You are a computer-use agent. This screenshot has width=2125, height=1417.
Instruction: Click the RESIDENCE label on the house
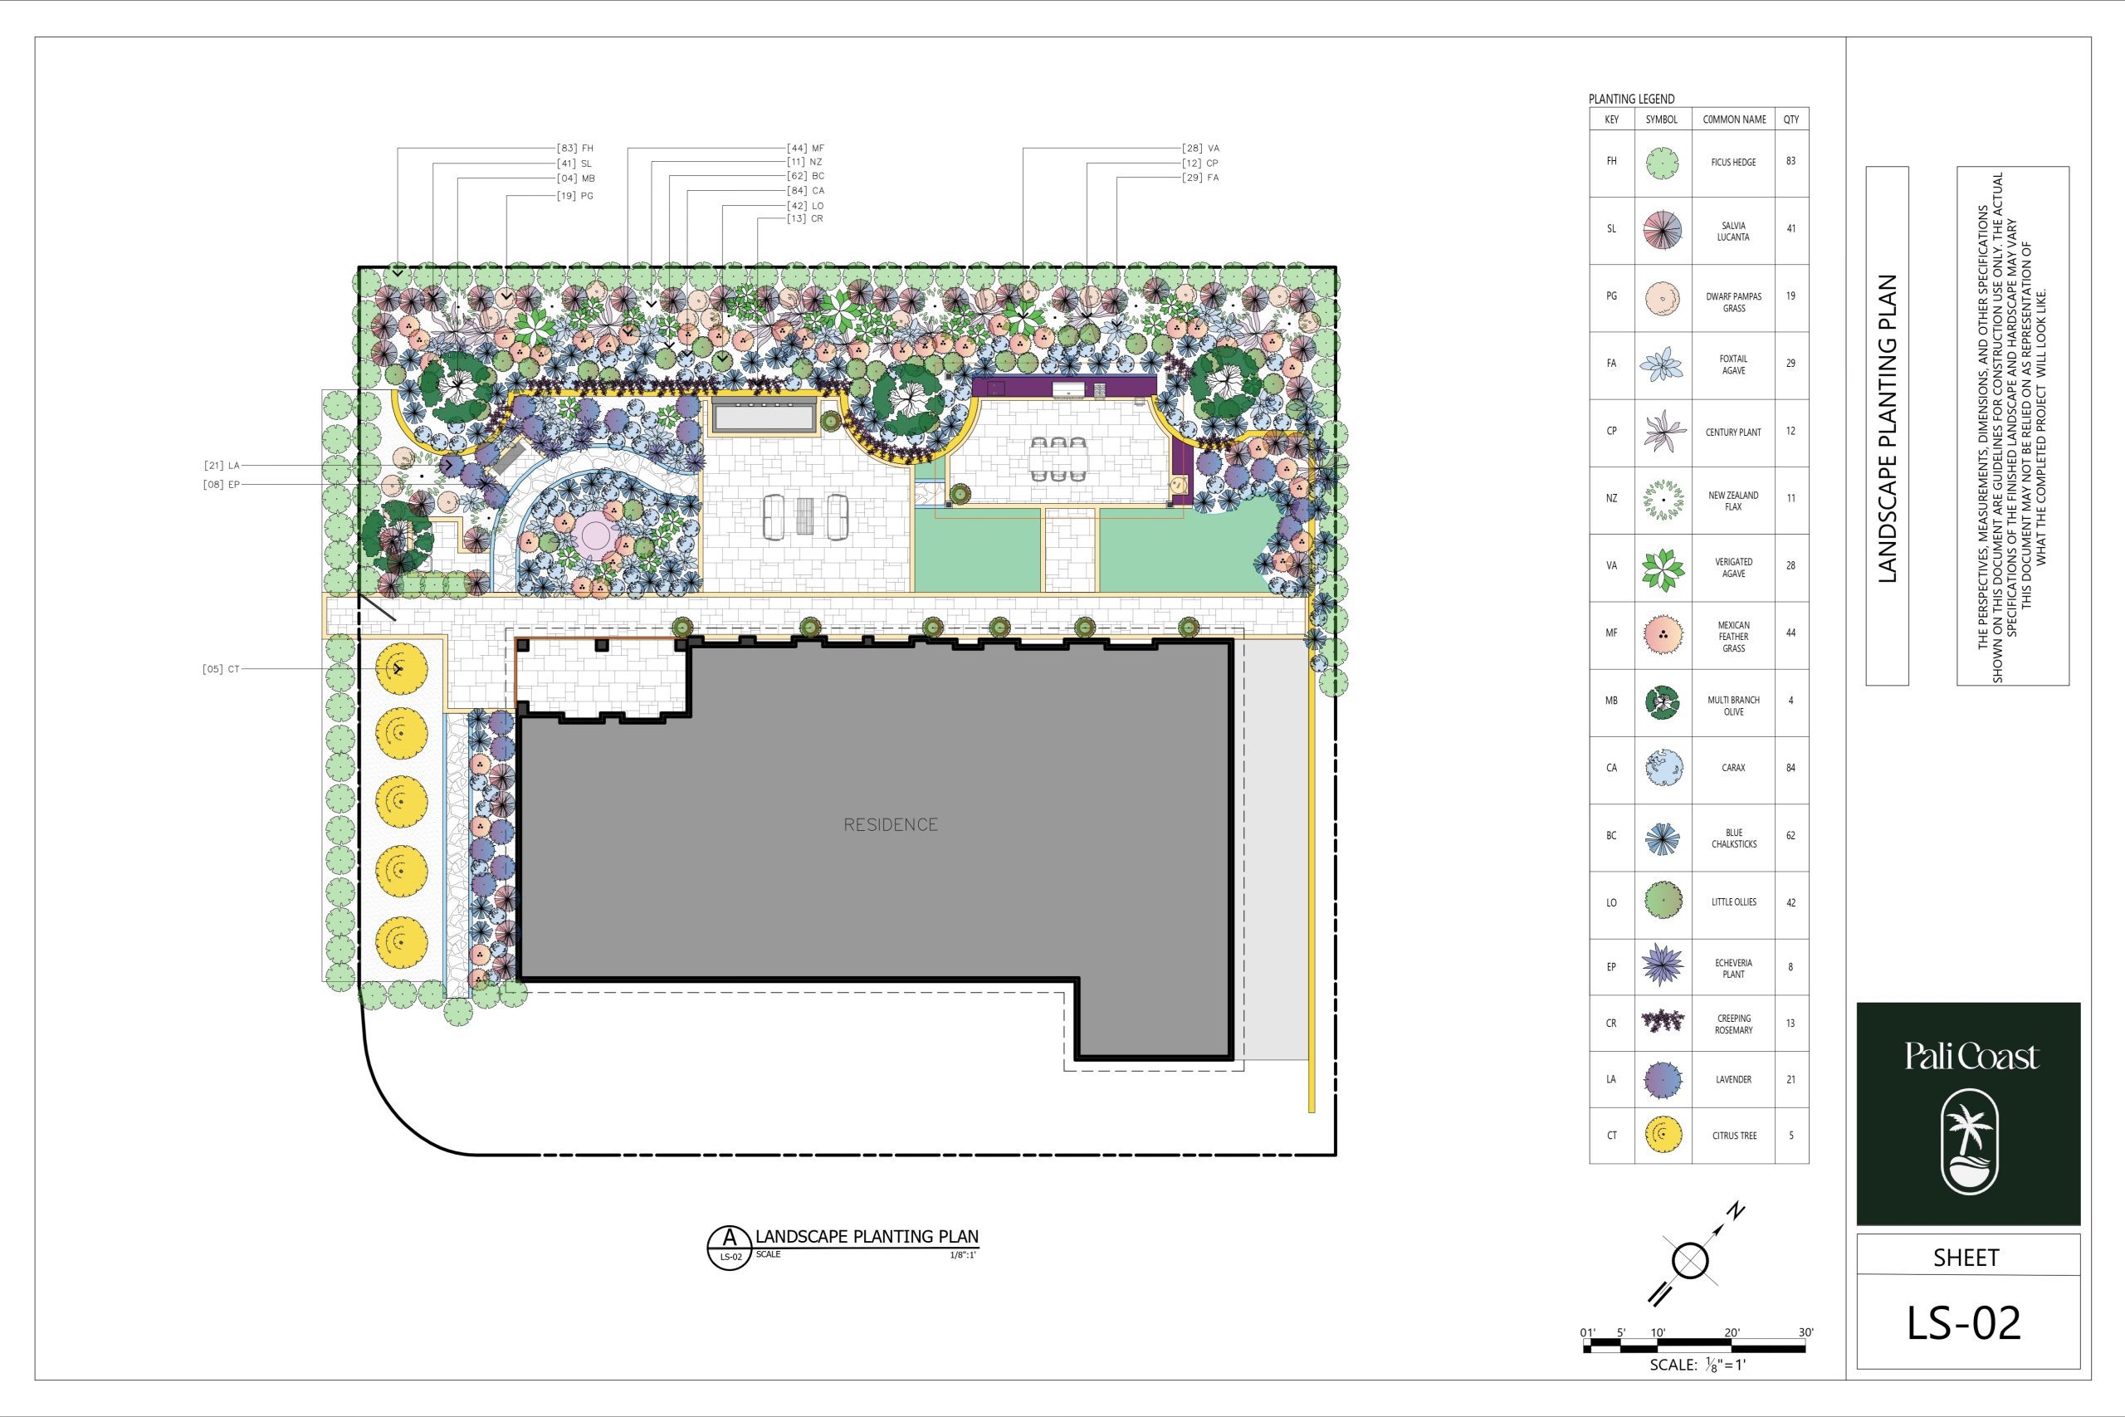pos(890,824)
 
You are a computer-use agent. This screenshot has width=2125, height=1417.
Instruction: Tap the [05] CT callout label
pos(222,670)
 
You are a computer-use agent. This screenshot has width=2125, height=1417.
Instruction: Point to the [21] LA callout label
pos(222,466)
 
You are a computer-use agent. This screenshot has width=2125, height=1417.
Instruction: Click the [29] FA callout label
pos(1199,178)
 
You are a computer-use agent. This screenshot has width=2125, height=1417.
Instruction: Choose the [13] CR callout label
pos(805,218)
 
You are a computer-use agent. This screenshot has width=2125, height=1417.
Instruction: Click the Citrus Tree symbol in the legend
pos(1663,1135)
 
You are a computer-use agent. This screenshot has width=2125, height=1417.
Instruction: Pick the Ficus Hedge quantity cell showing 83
pos(1790,161)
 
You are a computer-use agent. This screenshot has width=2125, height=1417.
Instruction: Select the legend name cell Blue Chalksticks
pos(1733,838)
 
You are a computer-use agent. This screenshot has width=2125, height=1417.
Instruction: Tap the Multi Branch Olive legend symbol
pos(1663,701)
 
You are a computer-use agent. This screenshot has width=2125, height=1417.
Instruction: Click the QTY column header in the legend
pos(1790,120)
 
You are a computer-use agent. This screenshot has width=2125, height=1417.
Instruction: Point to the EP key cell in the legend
pos(1611,967)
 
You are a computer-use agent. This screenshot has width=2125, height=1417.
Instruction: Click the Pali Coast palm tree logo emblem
pos(1970,1141)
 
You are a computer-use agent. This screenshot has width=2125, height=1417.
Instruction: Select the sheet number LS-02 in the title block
pos(1963,1322)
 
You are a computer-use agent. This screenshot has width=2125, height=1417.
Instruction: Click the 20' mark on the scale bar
pos(1731,1332)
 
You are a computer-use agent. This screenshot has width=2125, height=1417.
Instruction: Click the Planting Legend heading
pos(1631,100)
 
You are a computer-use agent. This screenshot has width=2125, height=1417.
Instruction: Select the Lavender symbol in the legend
pos(1663,1079)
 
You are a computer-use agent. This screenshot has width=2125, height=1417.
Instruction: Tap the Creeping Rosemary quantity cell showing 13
pos(1790,1023)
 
